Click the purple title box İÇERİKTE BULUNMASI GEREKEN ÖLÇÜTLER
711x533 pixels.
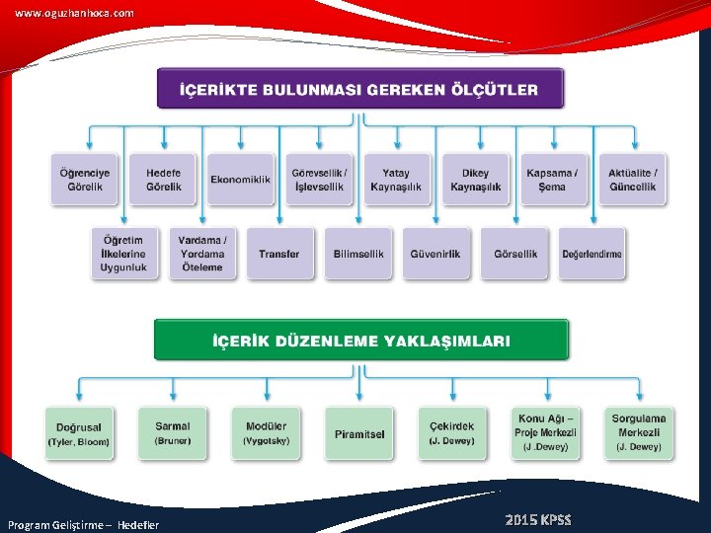pos(360,89)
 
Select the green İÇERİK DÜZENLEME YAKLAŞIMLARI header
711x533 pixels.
pos(361,341)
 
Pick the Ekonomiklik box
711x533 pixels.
pos(240,180)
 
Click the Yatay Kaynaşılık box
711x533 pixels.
pos(396,179)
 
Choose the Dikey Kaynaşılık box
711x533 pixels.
pos(476,179)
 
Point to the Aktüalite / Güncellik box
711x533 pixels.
pos(632,179)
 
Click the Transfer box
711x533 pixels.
pos(279,254)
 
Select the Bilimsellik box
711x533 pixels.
pos(358,254)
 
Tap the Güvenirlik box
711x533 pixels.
pos(435,254)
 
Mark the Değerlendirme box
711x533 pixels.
pos(592,254)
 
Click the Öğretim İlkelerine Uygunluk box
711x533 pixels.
pos(123,254)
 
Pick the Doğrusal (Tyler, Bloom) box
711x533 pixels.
pos(79,433)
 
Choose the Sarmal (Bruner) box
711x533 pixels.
pos(173,432)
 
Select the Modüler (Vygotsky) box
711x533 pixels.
pos(267,432)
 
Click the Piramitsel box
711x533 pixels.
pos(359,433)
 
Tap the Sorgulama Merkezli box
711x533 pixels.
pos(639,432)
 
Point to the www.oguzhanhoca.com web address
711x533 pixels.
pos(74,13)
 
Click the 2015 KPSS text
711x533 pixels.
pos(537,520)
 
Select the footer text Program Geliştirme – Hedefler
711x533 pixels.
pos(83,525)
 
